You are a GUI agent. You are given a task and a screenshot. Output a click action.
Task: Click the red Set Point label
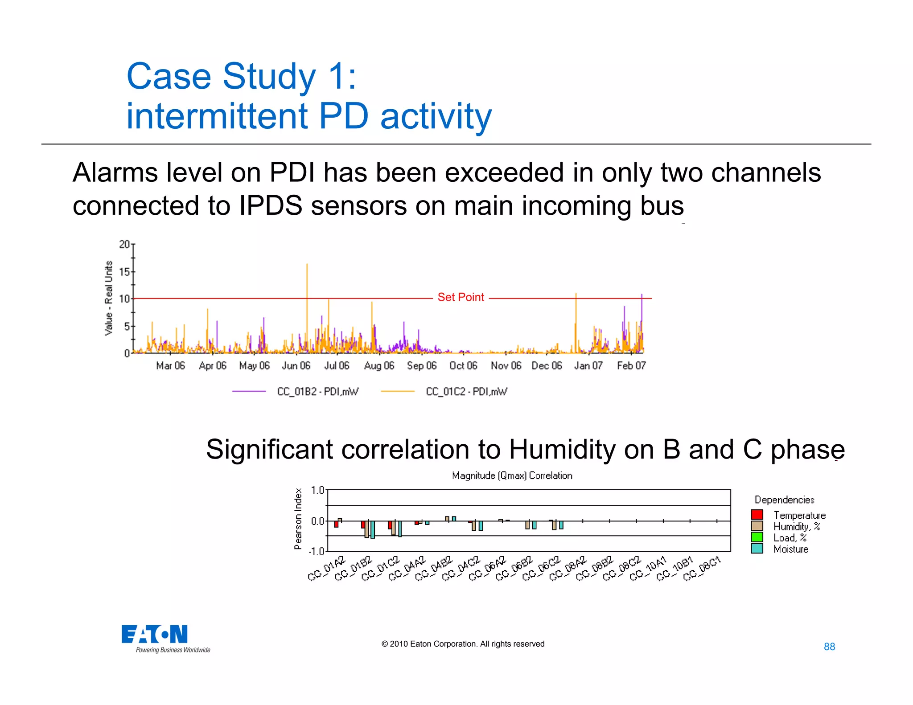(461, 297)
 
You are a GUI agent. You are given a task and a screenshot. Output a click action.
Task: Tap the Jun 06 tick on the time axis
(296, 366)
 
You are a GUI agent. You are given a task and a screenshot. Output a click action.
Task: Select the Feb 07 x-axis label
(631, 366)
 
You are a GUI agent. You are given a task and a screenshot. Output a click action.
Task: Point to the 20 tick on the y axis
(124, 244)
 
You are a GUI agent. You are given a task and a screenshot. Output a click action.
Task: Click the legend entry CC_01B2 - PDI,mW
(317, 392)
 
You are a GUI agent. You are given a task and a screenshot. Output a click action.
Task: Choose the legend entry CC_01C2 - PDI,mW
(466, 392)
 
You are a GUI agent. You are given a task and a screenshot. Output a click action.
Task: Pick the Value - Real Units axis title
(109, 298)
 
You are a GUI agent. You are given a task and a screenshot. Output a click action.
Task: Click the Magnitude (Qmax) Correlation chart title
(512, 475)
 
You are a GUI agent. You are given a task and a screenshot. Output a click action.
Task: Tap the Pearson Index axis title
(298, 519)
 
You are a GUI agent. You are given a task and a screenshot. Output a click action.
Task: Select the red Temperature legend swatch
(757, 515)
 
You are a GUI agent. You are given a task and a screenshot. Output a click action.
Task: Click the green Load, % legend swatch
(757, 537)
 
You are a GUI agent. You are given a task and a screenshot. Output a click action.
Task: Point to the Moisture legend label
(791, 549)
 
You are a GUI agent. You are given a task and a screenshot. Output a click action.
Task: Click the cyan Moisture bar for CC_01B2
(373, 529)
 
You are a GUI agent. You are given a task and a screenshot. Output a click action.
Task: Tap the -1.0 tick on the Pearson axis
(317, 551)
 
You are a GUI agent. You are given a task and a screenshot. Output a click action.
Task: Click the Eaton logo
(155, 635)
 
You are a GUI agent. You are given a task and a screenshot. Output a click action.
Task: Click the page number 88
(829, 647)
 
